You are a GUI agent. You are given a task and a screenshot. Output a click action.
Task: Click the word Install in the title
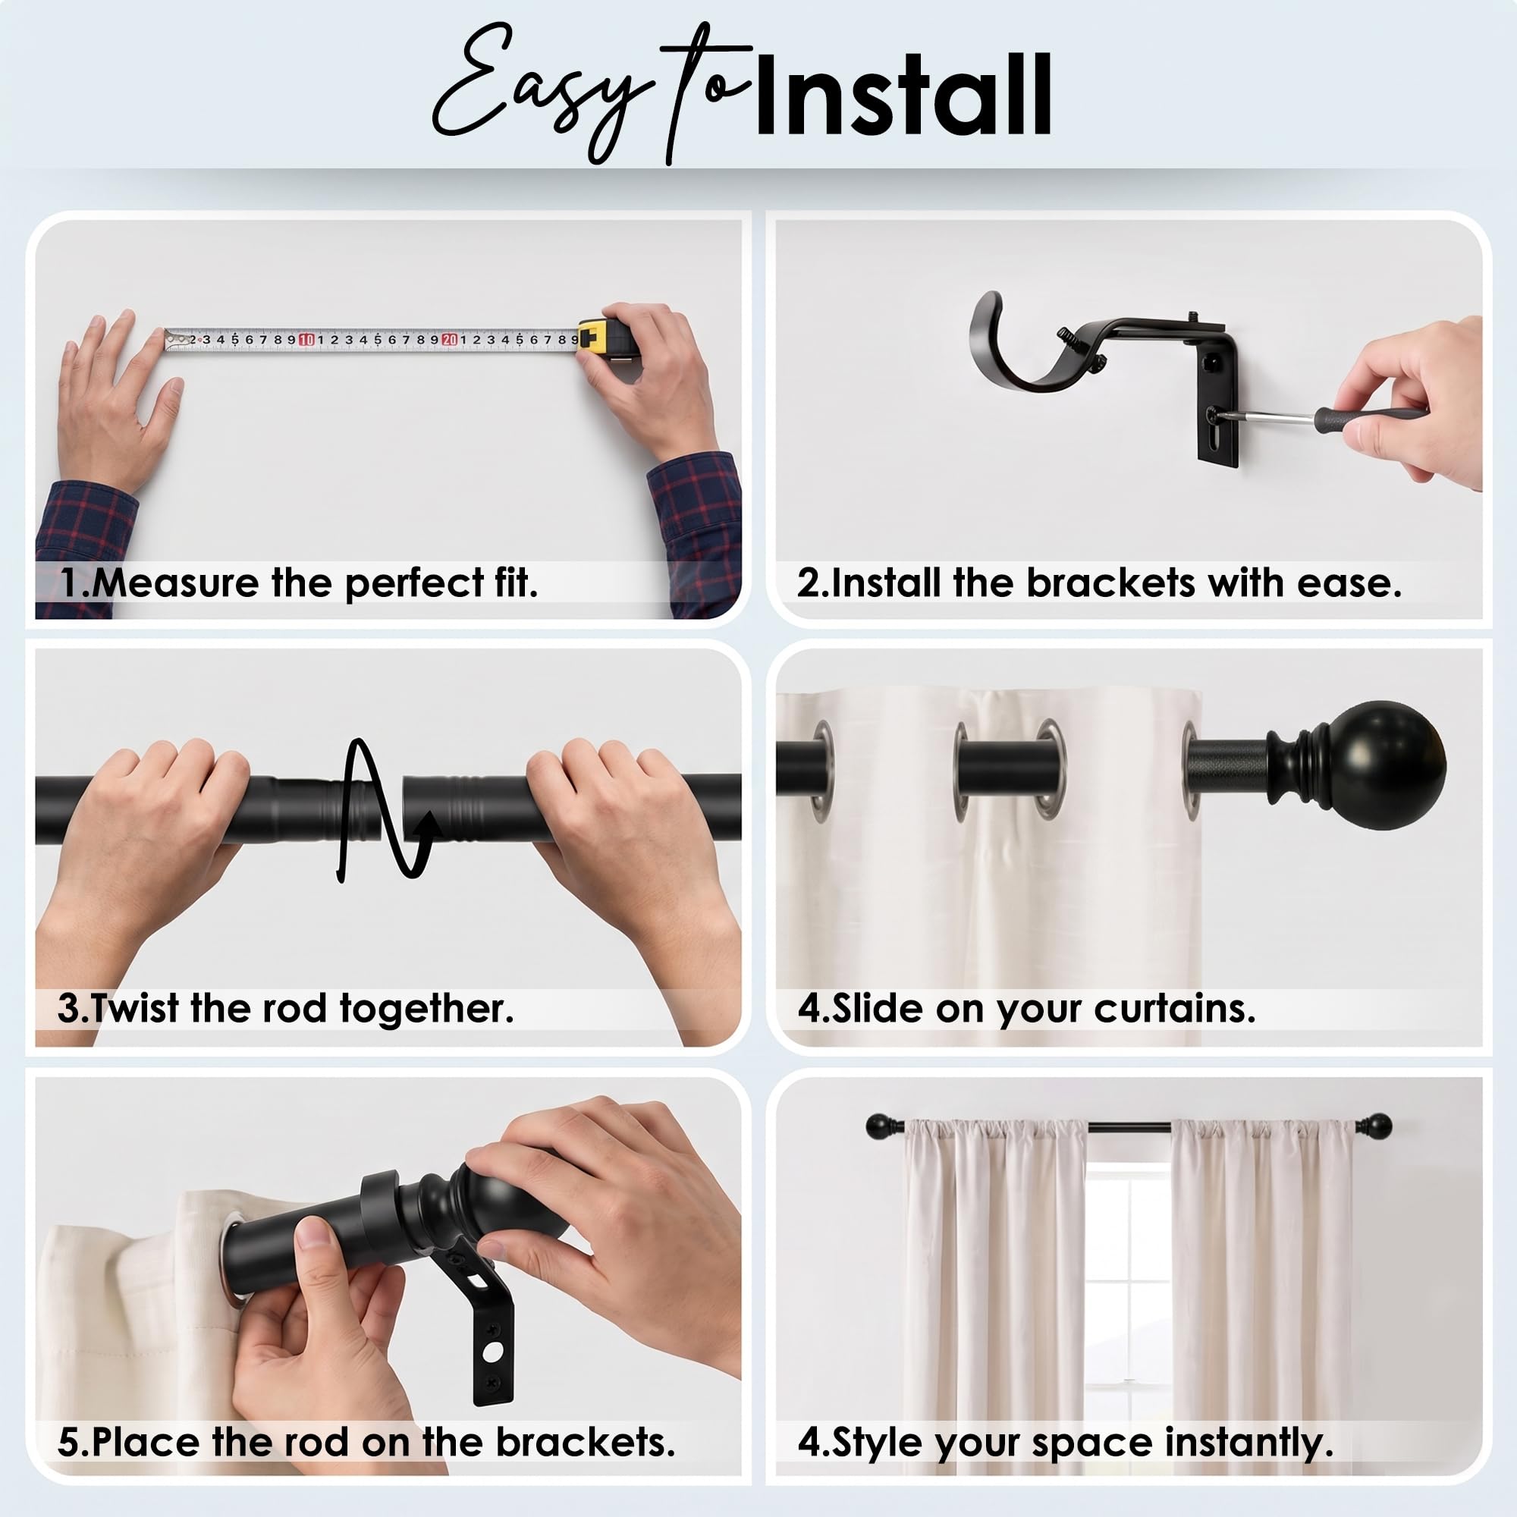[x=902, y=95]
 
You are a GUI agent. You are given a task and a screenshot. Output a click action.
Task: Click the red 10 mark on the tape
[x=306, y=339]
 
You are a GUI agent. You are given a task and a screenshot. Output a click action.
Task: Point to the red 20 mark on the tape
[x=449, y=339]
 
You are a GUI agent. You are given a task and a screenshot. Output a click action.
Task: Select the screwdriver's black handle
[x=1369, y=417]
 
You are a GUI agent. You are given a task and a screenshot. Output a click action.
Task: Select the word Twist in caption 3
[x=135, y=1009]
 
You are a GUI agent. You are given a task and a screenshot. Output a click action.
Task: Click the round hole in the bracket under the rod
[x=493, y=1353]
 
